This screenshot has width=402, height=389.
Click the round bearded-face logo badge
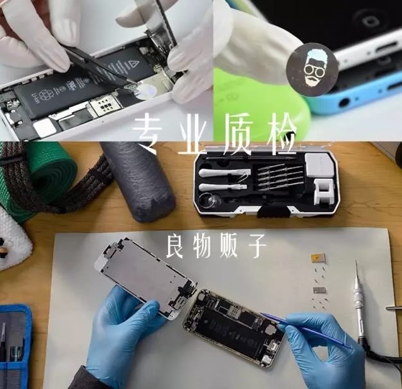(312, 69)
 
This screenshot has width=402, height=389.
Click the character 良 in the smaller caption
(174, 247)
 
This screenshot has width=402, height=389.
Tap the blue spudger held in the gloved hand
(305, 331)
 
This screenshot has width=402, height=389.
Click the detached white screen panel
(146, 278)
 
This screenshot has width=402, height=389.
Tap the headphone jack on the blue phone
(344, 103)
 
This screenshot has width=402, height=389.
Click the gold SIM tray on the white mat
(316, 258)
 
